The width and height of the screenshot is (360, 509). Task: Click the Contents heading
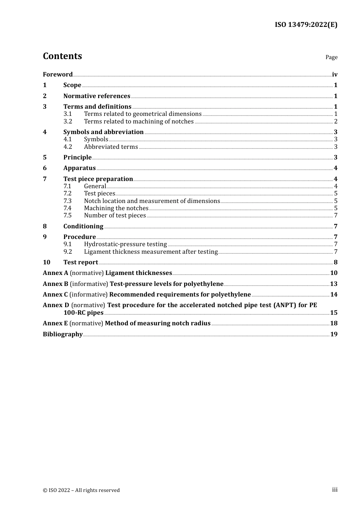point(62,56)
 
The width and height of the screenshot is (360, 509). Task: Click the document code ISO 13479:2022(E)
point(306,25)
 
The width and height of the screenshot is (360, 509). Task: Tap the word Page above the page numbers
point(331,57)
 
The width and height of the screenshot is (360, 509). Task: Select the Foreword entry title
point(58,75)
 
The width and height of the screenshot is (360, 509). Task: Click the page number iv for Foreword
point(335,75)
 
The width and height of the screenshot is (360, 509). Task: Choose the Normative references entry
point(97,96)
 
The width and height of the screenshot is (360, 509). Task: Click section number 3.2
point(67,122)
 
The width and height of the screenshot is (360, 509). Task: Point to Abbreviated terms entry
point(111,147)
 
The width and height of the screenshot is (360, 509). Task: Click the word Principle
point(77,158)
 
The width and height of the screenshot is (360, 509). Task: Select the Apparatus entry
point(79,168)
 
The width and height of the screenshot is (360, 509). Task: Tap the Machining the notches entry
point(116,208)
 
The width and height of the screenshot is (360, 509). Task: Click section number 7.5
point(67,215)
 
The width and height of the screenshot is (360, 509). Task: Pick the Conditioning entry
point(83,226)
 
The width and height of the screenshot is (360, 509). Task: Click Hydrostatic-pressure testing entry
point(125,244)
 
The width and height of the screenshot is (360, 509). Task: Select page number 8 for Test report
point(335,262)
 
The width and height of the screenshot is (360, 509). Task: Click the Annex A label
point(55,273)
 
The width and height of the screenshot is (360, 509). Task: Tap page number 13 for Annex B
point(333,284)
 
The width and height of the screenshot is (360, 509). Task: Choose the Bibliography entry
point(63,334)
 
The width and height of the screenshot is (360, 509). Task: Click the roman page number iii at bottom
point(335,490)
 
